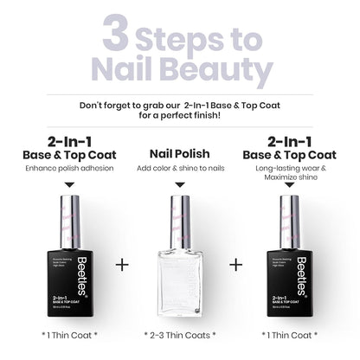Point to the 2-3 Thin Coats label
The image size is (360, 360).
179,334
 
